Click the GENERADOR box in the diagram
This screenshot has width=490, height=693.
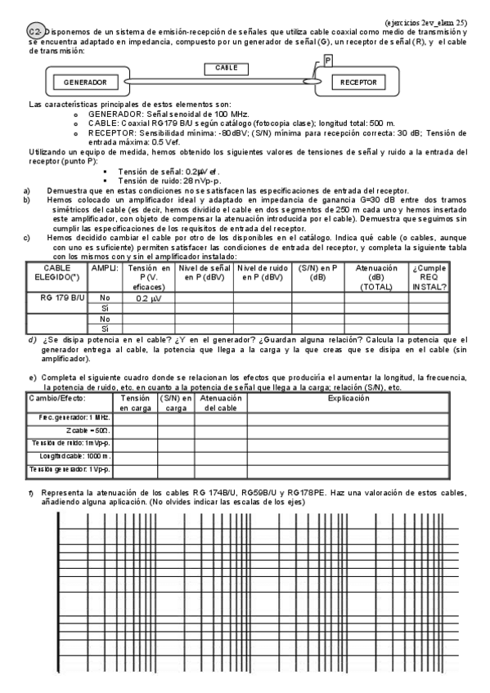pyautogui.click(x=81, y=83)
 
